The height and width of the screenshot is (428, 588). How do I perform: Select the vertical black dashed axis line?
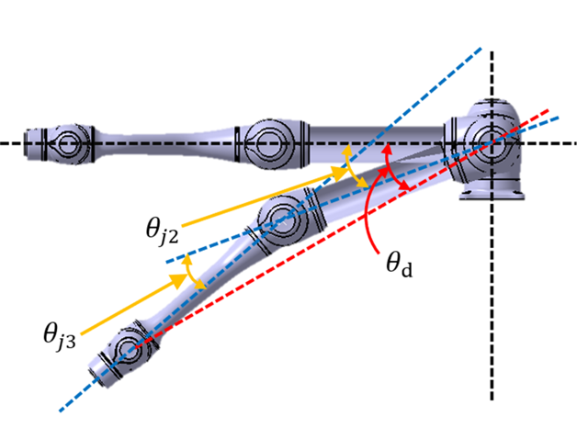[x=492, y=303]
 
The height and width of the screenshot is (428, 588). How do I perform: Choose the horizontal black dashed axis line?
[x=184, y=143]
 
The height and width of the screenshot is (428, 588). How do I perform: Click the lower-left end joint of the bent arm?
[x=129, y=350]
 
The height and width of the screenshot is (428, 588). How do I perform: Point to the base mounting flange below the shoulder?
[x=494, y=194]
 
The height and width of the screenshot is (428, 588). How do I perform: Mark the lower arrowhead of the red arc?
[x=404, y=187]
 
